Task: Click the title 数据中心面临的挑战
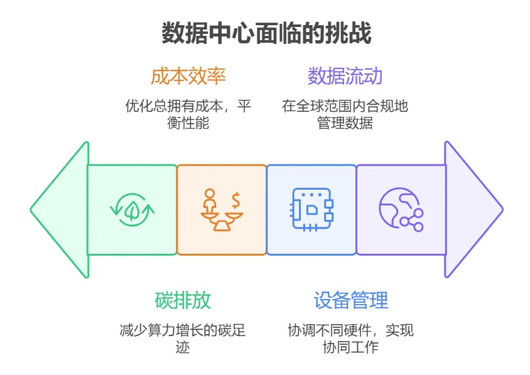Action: click(x=266, y=33)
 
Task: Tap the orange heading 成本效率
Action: click(x=188, y=76)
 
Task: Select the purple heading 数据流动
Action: click(x=345, y=76)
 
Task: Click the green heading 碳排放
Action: click(x=183, y=300)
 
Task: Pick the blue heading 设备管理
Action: click(x=350, y=300)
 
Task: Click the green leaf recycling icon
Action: click(x=132, y=210)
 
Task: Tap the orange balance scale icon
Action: click(x=222, y=210)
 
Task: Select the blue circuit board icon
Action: click(x=311, y=210)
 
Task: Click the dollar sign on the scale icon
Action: click(x=235, y=200)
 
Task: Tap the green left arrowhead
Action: click(x=60, y=210)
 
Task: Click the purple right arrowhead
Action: click(x=474, y=210)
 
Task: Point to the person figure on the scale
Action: click(x=210, y=200)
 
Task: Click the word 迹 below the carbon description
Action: click(x=183, y=347)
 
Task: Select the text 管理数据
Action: click(x=345, y=122)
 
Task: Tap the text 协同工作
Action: click(x=350, y=347)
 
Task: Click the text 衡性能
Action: click(x=188, y=122)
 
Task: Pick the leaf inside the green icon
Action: click(x=132, y=210)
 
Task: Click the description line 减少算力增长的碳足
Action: click(x=183, y=330)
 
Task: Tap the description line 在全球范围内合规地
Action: click(x=345, y=106)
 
